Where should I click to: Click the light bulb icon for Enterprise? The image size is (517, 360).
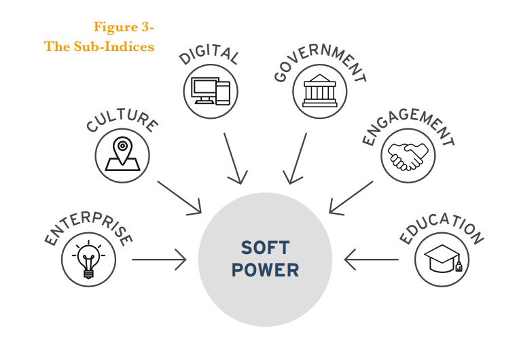[x=88, y=259]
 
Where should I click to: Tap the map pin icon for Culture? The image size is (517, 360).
[x=122, y=154]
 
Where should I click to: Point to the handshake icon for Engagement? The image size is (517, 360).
[x=409, y=156]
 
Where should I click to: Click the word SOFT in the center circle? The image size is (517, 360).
[x=265, y=247]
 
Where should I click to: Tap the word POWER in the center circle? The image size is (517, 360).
[x=265, y=270]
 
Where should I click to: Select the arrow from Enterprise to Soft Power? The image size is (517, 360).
[x=159, y=259]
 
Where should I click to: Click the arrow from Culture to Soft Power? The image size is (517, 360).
[x=180, y=196]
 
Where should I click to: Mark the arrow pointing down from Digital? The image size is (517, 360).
[x=233, y=158]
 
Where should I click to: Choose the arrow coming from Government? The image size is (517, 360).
[x=298, y=158]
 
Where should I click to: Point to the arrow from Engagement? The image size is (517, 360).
[x=350, y=196]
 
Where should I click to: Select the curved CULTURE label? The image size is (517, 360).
[x=122, y=120]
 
